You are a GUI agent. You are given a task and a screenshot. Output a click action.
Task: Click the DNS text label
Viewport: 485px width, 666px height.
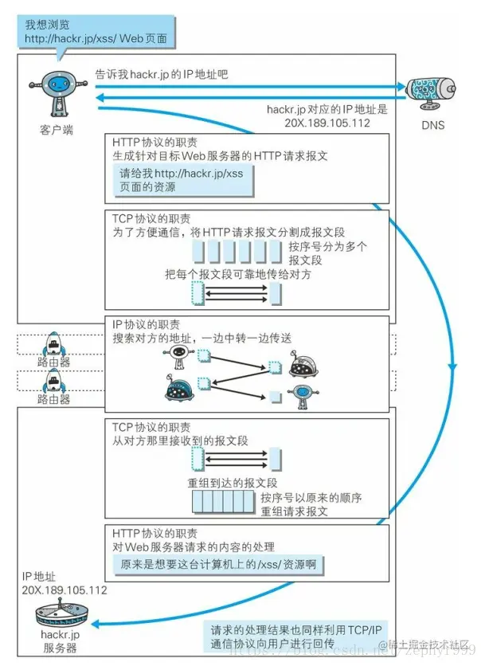[x=433, y=125]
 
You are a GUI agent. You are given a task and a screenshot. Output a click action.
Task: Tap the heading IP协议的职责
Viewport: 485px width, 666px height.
[x=145, y=325]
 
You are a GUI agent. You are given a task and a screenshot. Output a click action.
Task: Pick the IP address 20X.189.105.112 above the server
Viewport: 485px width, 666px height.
[x=65, y=590]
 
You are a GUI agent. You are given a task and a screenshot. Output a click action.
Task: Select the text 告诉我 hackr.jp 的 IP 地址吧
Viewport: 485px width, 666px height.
[x=162, y=74]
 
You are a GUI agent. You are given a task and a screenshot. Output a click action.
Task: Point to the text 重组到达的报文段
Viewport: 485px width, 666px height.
[x=232, y=483]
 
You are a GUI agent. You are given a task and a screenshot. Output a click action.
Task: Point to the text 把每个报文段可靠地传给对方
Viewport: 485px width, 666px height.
[x=237, y=274]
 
